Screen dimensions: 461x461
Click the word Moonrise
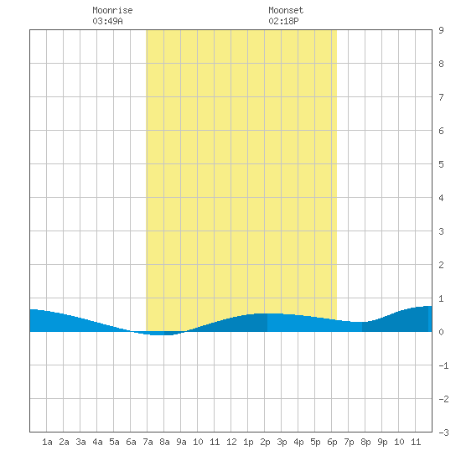click(x=112, y=10)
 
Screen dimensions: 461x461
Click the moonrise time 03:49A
click(x=107, y=21)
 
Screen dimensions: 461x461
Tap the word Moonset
click(x=286, y=10)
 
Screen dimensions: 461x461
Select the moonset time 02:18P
click(x=283, y=21)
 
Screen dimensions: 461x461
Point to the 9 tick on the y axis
click(x=441, y=30)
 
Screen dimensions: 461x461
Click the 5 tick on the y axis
click(x=441, y=164)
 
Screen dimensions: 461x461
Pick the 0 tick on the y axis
click(x=441, y=332)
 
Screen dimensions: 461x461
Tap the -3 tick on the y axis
click(x=443, y=433)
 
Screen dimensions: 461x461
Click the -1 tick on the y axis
click(x=443, y=365)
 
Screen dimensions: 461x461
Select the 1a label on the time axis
click(x=47, y=442)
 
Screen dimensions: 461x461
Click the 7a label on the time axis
click(x=148, y=442)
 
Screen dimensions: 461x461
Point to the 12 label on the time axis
click(x=231, y=442)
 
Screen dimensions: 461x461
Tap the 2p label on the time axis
click(x=265, y=442)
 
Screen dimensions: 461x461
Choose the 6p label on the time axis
click(x=332, y=442)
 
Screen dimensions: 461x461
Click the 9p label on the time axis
click(x=382, y=442)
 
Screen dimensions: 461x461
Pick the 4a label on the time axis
click(x=97, y=442)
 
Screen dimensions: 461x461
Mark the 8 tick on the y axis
click(x=441, y=64)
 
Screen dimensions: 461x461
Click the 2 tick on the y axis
click(x=441, y=265)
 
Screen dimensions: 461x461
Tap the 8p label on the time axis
click(x=365, y=442)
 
